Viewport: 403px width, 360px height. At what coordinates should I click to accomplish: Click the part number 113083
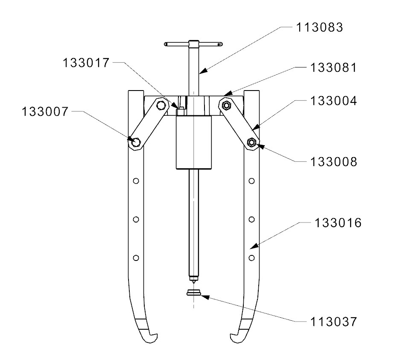coord(320,28)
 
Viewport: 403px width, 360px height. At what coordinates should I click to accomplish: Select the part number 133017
coord(86,63)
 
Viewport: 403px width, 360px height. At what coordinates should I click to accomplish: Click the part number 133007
coord(44,112)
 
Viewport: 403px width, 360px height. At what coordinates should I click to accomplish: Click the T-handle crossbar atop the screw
coord(193,44)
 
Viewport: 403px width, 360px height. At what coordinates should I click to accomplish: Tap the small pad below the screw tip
coord(193,293)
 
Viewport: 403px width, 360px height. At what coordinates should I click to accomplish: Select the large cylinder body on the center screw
coord(194,141)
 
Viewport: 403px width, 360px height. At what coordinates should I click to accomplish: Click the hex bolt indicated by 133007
coord(135,142)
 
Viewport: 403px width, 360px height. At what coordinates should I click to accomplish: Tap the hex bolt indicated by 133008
coord(252,142)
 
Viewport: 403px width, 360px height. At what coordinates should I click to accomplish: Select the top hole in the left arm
coord(136,181)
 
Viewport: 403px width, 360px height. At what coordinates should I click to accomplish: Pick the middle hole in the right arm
coord(252,219)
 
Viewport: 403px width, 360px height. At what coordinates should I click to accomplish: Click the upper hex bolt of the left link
coord(161,105)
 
